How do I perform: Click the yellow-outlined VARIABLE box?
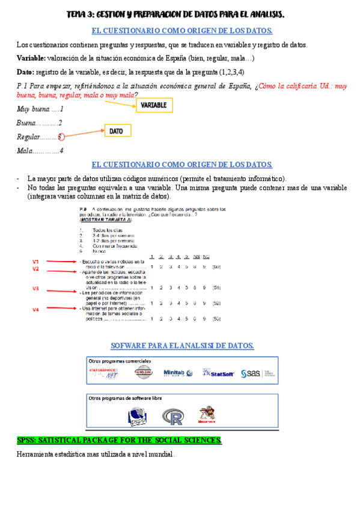tap(154, 105)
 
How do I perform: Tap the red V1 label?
tap(36, 262)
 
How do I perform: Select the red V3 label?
tap(36, 289)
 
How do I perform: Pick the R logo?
tap(172, 416)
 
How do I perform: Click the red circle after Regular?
tap(61, 137)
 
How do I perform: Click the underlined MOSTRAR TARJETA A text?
tap(100, 220)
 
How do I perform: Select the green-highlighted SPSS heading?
tap(119, 441)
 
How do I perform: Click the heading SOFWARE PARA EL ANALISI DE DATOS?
tap(182, 345)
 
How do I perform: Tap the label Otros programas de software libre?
tap(125, 398)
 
